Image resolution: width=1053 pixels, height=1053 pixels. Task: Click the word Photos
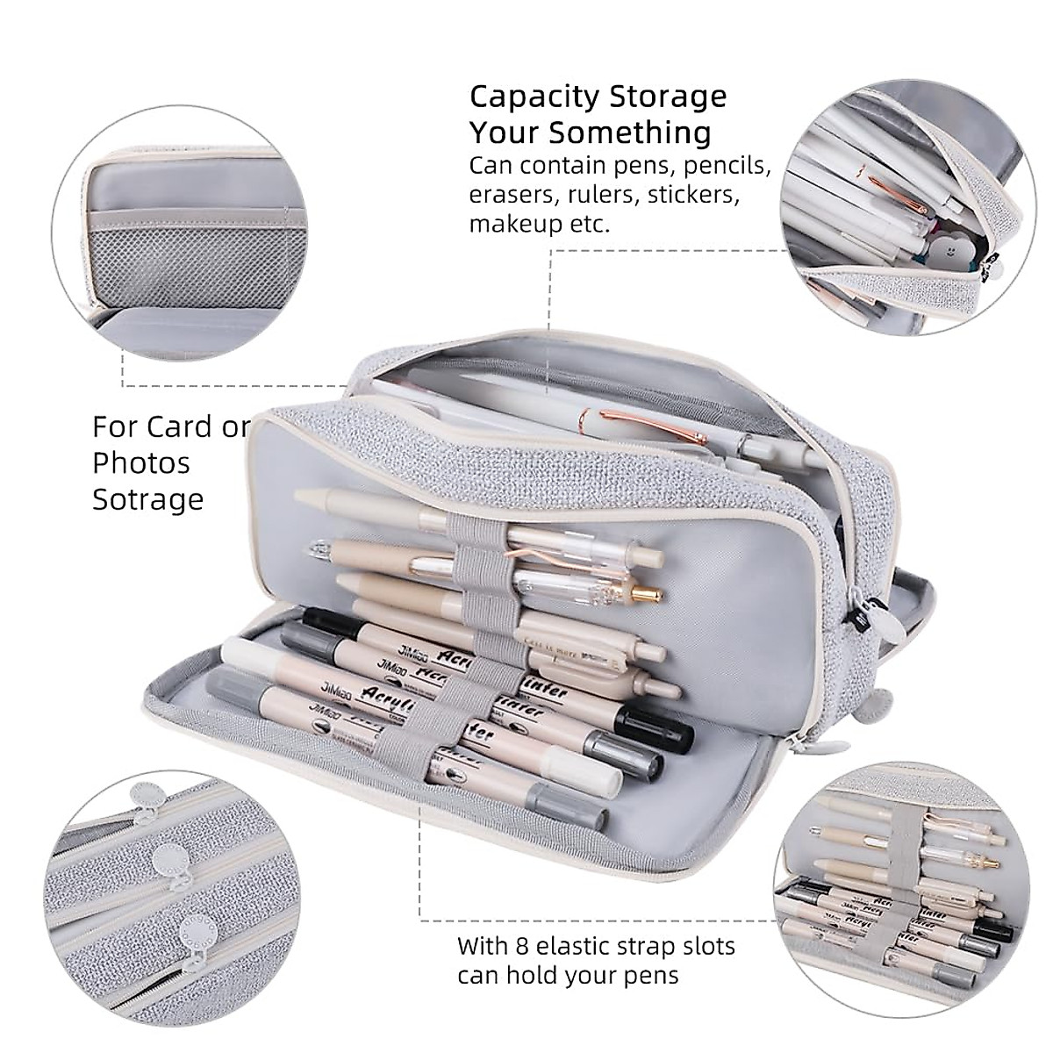pos(141,462)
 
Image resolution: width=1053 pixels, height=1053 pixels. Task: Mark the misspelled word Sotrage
pos(148,499)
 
